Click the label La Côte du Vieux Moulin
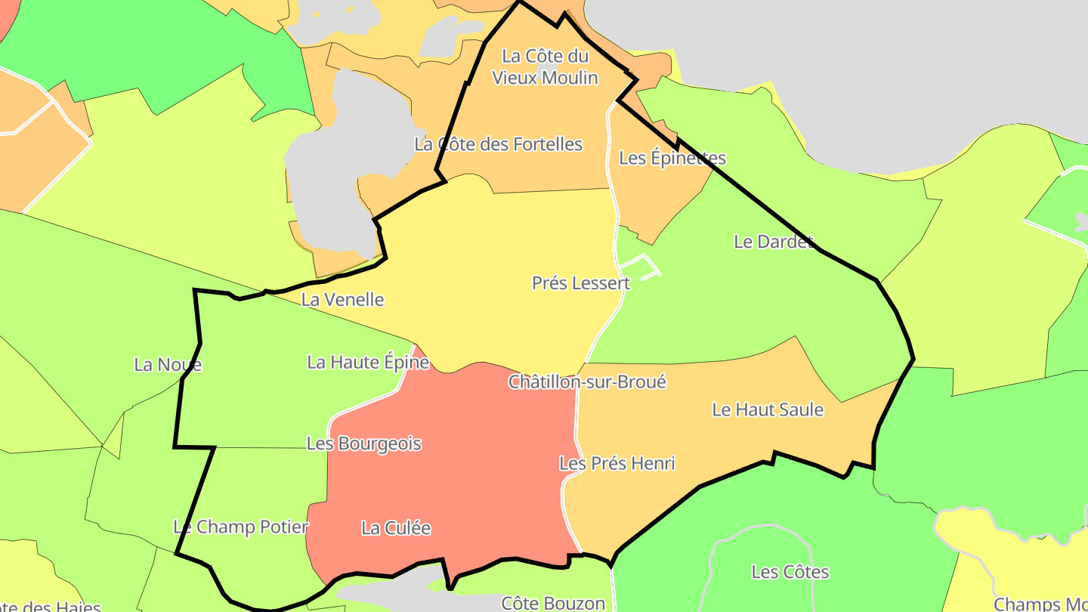pos(545,66)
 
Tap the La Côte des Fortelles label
pos(499,144)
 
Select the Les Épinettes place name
pos(672,158)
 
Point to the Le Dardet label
pos(773,241)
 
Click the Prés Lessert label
pos(580,283)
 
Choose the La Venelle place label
pos(342,299)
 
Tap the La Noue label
pos(168,364)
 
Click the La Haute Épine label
pos(368,362)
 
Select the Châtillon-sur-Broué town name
pos(587,382)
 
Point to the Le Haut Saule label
pos(768,410)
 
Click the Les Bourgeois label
pos(364,444)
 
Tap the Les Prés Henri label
pos(617,463)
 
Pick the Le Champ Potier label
pos(241,527)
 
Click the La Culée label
pos(396,528)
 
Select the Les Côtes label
pos(790,572)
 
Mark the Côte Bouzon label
pos(554,603)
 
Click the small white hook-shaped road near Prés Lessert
pos(641,265)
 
